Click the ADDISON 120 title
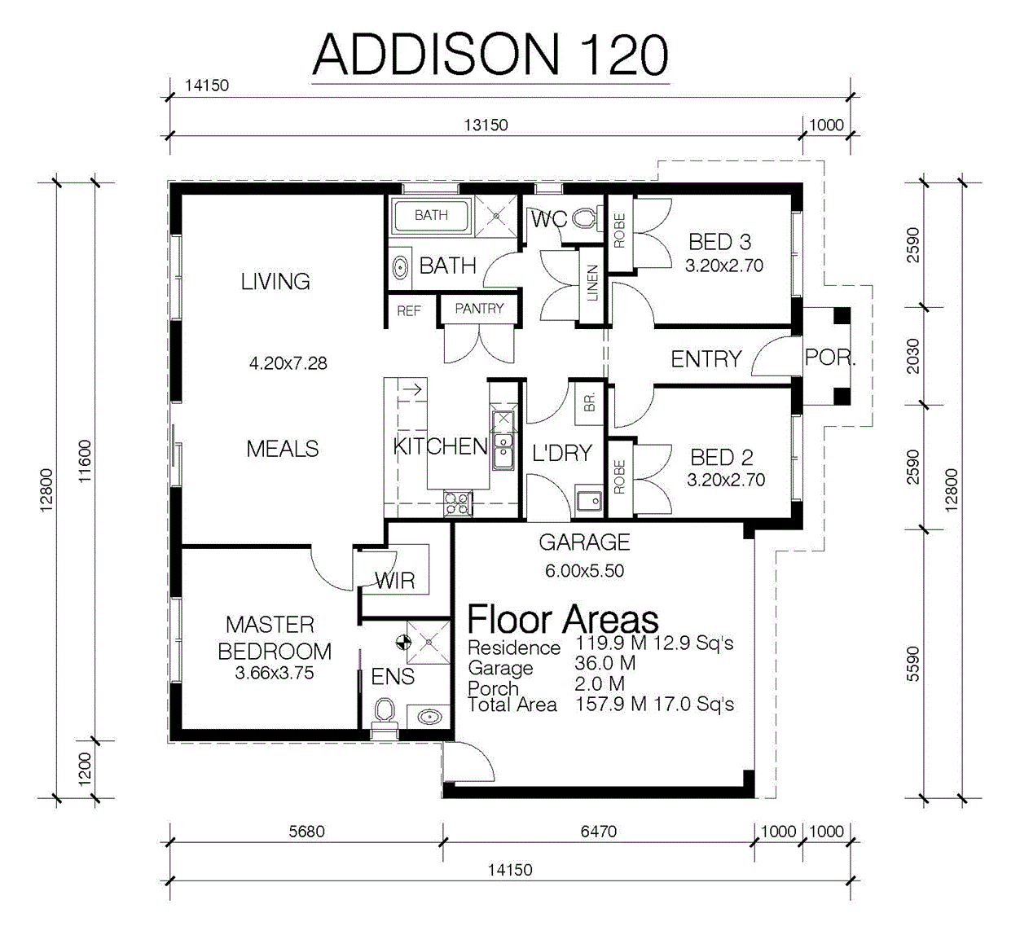point(490,55)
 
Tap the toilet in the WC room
point(586,219)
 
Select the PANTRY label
point(479,308)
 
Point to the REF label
point(409,310)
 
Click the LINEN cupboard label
point(592,283)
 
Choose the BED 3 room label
point(719,242)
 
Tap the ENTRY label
point(706,359)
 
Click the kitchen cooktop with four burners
point(458,503)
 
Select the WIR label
point(395,581)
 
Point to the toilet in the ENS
point(385,714)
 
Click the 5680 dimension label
point(306,831)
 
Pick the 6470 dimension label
point(598,831)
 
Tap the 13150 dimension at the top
point(486,125)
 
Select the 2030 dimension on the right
point(912,356)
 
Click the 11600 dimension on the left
point(84,461)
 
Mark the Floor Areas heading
point(563,619)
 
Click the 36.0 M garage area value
point(605,663)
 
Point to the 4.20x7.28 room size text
point(288,363)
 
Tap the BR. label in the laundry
point(590,402)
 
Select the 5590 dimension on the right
point(912,664)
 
